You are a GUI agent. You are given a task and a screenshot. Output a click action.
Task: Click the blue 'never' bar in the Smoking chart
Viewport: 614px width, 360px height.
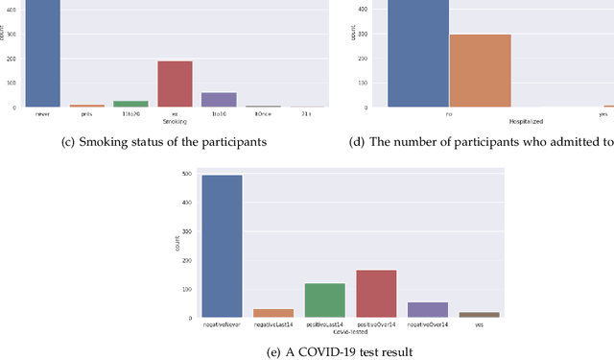pyautogui.click(x=42, y=53)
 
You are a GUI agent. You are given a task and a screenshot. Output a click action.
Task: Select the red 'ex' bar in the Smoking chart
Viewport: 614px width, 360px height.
pyautogui.click(x=175, y=84)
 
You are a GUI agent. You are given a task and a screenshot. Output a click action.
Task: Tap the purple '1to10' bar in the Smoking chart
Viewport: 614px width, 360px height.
pyautogui.click(x=219, y=100)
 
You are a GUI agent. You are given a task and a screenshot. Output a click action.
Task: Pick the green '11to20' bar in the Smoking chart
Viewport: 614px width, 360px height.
pyautogui.click(x=130, y=104)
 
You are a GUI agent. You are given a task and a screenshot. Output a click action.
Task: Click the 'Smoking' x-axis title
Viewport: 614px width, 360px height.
pyautogui.click(x=175, y=122)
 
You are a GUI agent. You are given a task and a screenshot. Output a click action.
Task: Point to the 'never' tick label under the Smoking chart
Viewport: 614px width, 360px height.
pyautogui.click(x=42, y=113)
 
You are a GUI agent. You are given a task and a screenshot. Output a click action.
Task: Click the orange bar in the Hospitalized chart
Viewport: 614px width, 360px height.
pyautogui.click(x=481, y=71)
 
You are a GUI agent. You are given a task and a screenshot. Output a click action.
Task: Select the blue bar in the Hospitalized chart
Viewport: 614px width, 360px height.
pyautogui.click(x=417, y=53)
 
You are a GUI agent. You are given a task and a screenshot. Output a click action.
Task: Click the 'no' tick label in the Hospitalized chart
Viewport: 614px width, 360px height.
pyautogui.click(x=449, y=113)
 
